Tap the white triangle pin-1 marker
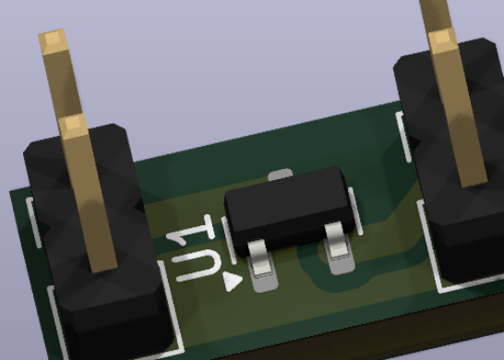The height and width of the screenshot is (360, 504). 232,282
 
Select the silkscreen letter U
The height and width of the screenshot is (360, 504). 197,266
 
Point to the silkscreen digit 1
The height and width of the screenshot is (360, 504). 192,230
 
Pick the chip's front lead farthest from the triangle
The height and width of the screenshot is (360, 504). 336,241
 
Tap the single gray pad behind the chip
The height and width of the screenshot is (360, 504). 281,174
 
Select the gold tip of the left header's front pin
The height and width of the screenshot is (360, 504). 74,126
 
